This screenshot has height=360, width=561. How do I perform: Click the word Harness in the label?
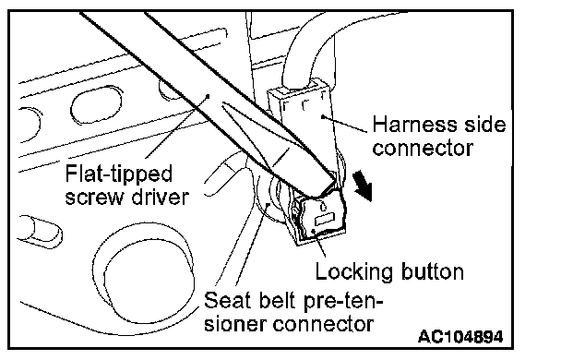414,125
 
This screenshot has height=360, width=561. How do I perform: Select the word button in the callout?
433,271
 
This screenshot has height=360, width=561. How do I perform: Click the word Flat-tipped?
119,175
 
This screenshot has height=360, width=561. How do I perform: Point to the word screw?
95,198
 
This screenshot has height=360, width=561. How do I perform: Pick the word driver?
160,197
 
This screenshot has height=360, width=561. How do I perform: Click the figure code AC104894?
460,337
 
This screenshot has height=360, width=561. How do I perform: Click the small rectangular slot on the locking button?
324,219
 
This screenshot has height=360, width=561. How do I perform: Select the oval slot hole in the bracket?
96,104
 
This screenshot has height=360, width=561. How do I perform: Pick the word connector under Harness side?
423,149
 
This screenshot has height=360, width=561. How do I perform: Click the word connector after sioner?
323,324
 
